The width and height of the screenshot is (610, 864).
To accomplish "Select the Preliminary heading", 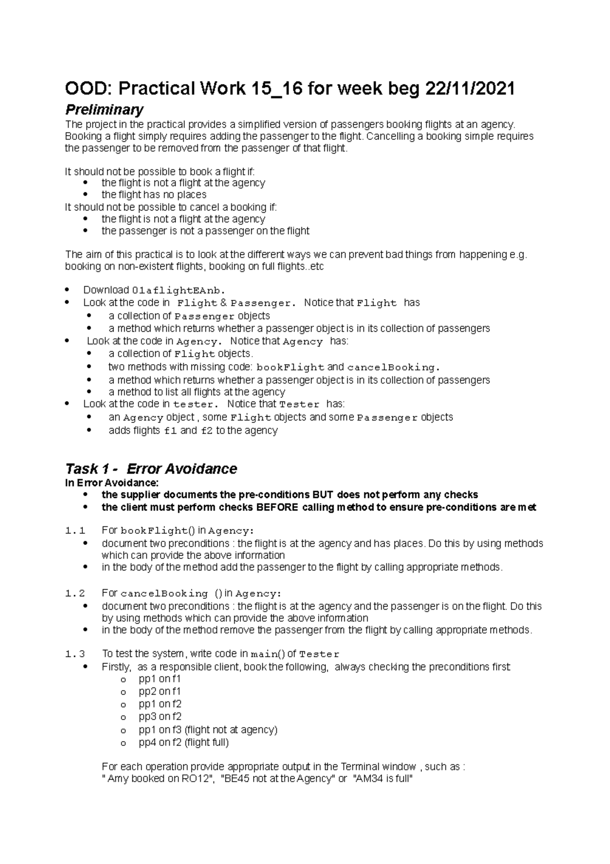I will (104, 109).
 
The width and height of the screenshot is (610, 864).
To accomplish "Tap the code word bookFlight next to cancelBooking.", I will (290, 367).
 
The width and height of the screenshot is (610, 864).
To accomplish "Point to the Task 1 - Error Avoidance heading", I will (151, 469).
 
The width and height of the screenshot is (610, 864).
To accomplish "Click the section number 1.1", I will (75, 531).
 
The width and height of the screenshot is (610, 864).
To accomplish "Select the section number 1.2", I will (75, 594).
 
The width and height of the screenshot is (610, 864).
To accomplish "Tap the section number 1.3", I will (75, 654).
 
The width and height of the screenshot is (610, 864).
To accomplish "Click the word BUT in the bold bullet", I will (323, 495).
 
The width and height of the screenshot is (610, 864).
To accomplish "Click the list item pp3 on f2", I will (160, 717).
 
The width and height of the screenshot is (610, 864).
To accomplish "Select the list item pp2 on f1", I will (160, 692).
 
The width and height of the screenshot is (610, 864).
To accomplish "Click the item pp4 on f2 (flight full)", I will (184, 742).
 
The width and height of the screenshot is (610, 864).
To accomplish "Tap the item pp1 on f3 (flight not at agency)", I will (208, 730).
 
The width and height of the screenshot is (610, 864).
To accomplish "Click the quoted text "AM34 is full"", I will (383, 779).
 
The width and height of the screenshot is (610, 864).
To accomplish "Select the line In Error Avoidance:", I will (112, 482).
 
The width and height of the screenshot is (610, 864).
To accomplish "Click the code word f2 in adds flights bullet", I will (206, 431).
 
